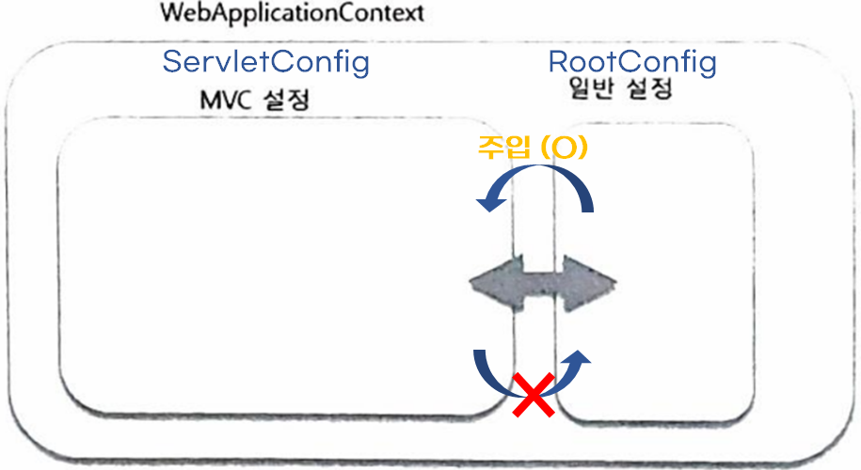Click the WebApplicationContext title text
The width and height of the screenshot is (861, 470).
pos(279,14)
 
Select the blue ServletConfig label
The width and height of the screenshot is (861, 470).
pos(265,62)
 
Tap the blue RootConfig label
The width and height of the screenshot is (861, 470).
pos(632,63)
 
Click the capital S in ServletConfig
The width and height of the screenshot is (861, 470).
pos(173,62)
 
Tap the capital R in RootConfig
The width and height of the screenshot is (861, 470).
pos(559,63)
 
